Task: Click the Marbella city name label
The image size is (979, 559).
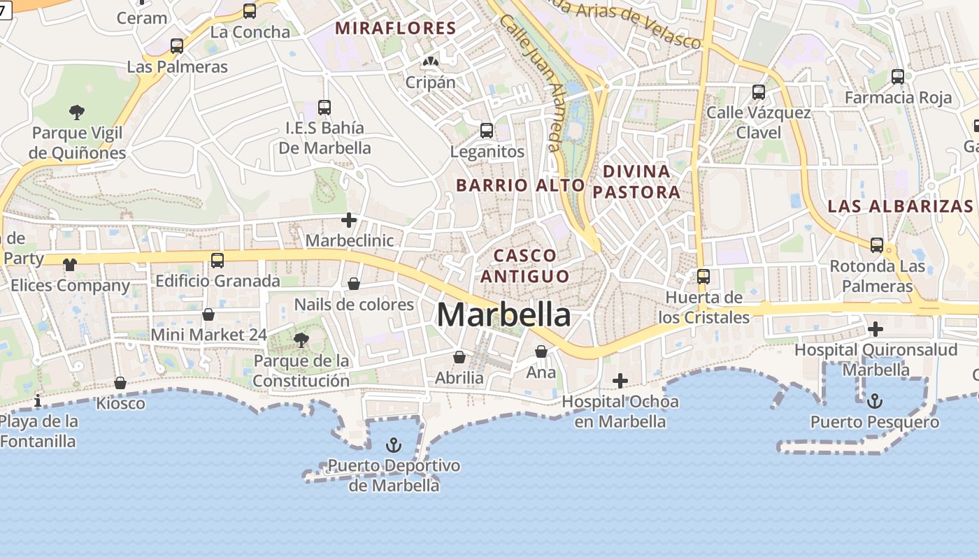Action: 503,314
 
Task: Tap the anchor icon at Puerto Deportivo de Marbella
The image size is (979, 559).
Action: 394,445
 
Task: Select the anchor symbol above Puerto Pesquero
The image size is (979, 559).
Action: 874,401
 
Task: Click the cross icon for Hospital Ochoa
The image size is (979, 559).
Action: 620,381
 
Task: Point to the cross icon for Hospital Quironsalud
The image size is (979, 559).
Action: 875,328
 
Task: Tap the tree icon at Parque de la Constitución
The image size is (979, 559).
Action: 301,340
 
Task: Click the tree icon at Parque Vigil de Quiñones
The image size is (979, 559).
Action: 77,112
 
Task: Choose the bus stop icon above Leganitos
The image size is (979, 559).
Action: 487,131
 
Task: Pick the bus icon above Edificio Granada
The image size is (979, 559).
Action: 217,261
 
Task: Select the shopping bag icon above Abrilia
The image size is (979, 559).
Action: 459,357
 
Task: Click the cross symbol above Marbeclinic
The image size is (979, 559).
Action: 349,220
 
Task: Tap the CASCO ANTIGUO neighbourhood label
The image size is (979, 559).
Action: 524,266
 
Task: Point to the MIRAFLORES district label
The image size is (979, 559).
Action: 396,29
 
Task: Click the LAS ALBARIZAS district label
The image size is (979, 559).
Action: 900,206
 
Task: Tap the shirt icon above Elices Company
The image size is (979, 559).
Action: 70,265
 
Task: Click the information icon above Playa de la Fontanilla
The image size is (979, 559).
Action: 38,400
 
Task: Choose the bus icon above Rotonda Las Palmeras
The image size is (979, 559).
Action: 877,245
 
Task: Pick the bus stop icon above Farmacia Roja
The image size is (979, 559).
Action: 898,77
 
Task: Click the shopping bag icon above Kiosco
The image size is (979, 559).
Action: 120,383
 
